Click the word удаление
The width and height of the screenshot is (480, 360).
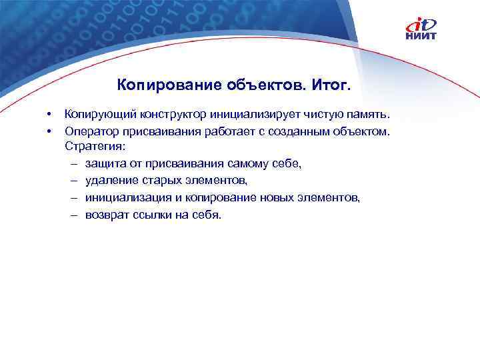click(110, 180)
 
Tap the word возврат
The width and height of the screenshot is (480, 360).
click(106, 215)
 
